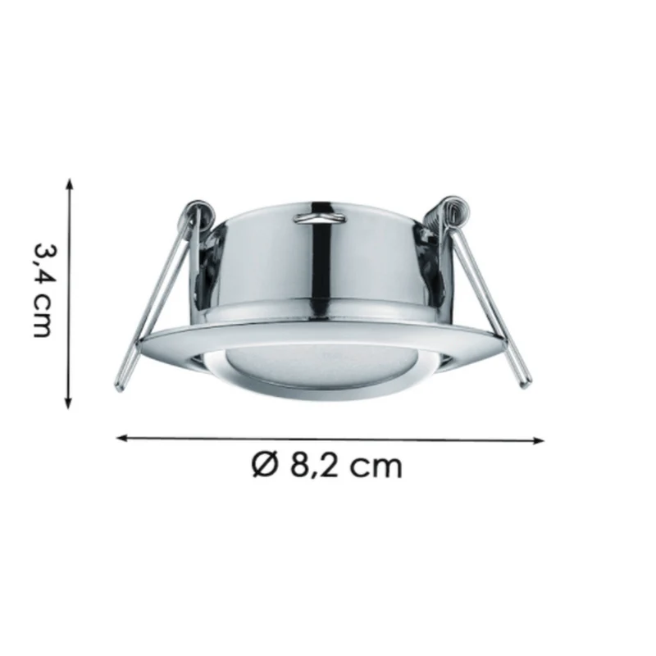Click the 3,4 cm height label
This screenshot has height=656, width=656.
pyautogui.click(x=43, y=290)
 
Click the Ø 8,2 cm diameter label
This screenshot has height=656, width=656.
pyautogui.click(x=326, y=465)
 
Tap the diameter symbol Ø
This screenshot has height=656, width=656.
pyautogui.click(x=264, y=465)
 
